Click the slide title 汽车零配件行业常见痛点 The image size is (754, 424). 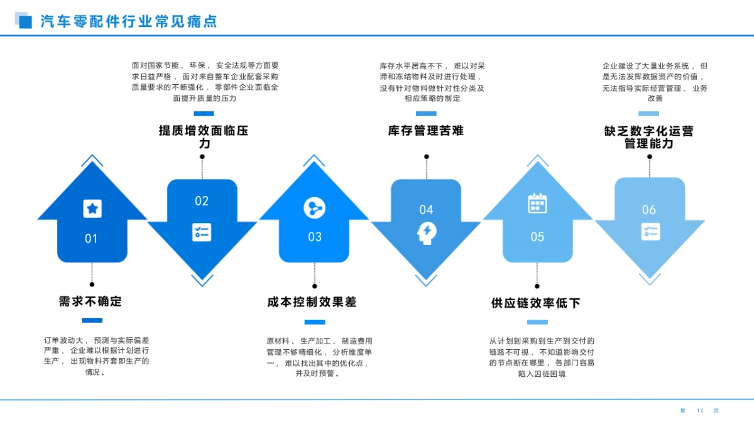click(x=129, y=21)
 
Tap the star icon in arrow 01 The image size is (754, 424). click(x=92, y=209)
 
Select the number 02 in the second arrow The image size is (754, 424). click(x=201, y=201)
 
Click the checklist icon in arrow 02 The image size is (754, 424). click(x=202, y=232)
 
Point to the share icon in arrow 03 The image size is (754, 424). click(x=314, y=207)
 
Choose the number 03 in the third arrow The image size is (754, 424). click(x=315, y=237)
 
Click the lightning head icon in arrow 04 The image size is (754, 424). click(x=426, y=233)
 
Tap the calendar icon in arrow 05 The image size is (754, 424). click(x=537, y=204)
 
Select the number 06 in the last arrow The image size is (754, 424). click(x=649, y=210)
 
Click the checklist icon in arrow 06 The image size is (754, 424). click(x=650, y=231)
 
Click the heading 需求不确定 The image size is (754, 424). click(x=90, y=302)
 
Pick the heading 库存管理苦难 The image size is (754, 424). click(x=426, y=131)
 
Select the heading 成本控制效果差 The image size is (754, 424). click(x=312, y=302)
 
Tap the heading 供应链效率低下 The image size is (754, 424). click(x=536, y=303)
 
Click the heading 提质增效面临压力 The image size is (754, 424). click(x=204, y=137)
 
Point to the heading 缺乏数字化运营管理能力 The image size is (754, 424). click(x=649, y=138)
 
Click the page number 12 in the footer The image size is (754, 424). click(x=700, y=411)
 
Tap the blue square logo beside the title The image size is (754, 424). click(x=24, y=21)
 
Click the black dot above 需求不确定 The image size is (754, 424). click(x=92, y=285)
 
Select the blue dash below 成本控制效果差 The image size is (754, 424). click(x=314, y=322)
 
